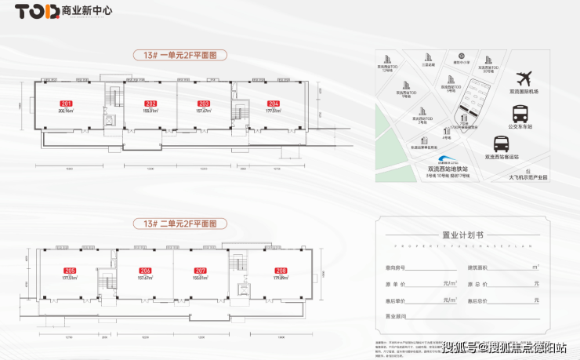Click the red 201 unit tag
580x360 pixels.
pyautogui.click(x=65, y=104)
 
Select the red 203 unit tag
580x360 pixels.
pyautogui.click(x=204, y=104)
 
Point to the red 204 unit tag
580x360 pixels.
pyautogui.click(x=273, y=104)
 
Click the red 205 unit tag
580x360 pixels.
pyautogui.click(x=70, y=270)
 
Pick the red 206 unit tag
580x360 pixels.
pyautogui.click(x=145, y=270)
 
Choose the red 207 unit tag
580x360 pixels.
pyautogui.click(x=200, y=270)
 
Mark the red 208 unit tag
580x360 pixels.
pyautogui.click(x=281, y=270)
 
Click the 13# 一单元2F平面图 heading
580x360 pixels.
pyautogui.click(x=179, y=56)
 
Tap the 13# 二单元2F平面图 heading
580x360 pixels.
pyautogui.click(x=179, y=224)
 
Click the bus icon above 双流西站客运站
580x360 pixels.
pyautogui.click(x=502, y=144)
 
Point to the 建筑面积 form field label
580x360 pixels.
pyautogui.click(x=480, y=268)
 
